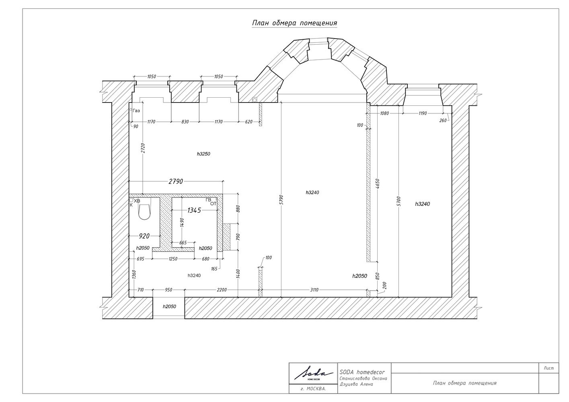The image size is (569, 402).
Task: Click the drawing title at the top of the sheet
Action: coord(294,23)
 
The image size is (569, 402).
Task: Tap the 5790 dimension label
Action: coord(281,200)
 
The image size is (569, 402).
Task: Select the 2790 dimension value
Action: coord(176,181)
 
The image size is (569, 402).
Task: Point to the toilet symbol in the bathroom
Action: coord(144,212)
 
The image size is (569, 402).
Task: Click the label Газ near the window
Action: coord(136,111)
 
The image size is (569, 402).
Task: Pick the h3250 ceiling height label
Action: coord(203,154)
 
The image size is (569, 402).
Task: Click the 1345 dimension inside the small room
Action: coord(194,210)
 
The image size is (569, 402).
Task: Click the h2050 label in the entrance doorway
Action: coord(169,306)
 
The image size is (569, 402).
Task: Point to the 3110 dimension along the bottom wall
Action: coord(314,290)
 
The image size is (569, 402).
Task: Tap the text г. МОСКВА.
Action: coord(313,389)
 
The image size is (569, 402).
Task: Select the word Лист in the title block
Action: coord(549,368)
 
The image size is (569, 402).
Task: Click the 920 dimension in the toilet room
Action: coord(144,236)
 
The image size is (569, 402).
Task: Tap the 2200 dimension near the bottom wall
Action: coord(222,290)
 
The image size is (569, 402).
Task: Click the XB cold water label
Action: coord(137,201)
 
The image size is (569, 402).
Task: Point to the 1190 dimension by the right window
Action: coord(423,113)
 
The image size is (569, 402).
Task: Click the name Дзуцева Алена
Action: coord(356,384)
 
